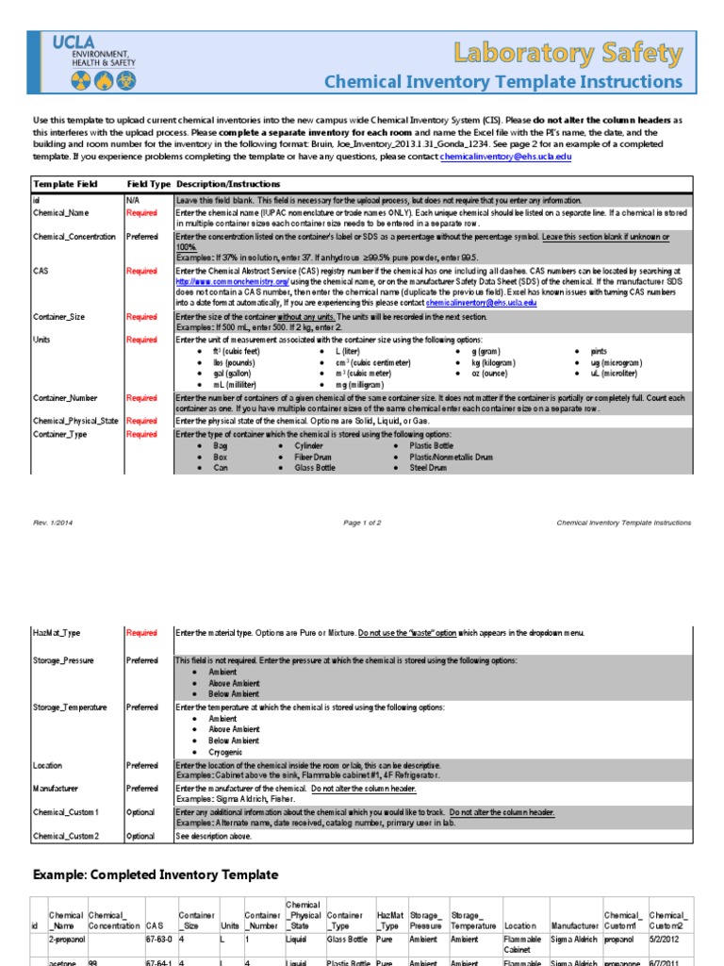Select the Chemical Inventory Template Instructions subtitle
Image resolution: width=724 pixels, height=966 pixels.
(x=502, y=82)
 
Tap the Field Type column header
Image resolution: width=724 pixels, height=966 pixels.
(x=148, y=183)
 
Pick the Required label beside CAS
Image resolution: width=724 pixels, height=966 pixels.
(x=141, y=271)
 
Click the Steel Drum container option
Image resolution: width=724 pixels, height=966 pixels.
(x=428, y=468)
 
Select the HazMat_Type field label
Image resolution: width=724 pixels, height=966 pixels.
(x=57, y=633)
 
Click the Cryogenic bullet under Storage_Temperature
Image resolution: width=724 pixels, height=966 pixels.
(x=226, y=752)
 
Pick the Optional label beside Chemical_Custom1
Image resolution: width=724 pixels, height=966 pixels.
(x=141, y=812)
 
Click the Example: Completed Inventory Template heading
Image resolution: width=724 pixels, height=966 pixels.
(x=156, y=874)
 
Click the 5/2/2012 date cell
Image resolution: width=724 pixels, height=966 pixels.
(x=666, y=940)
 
